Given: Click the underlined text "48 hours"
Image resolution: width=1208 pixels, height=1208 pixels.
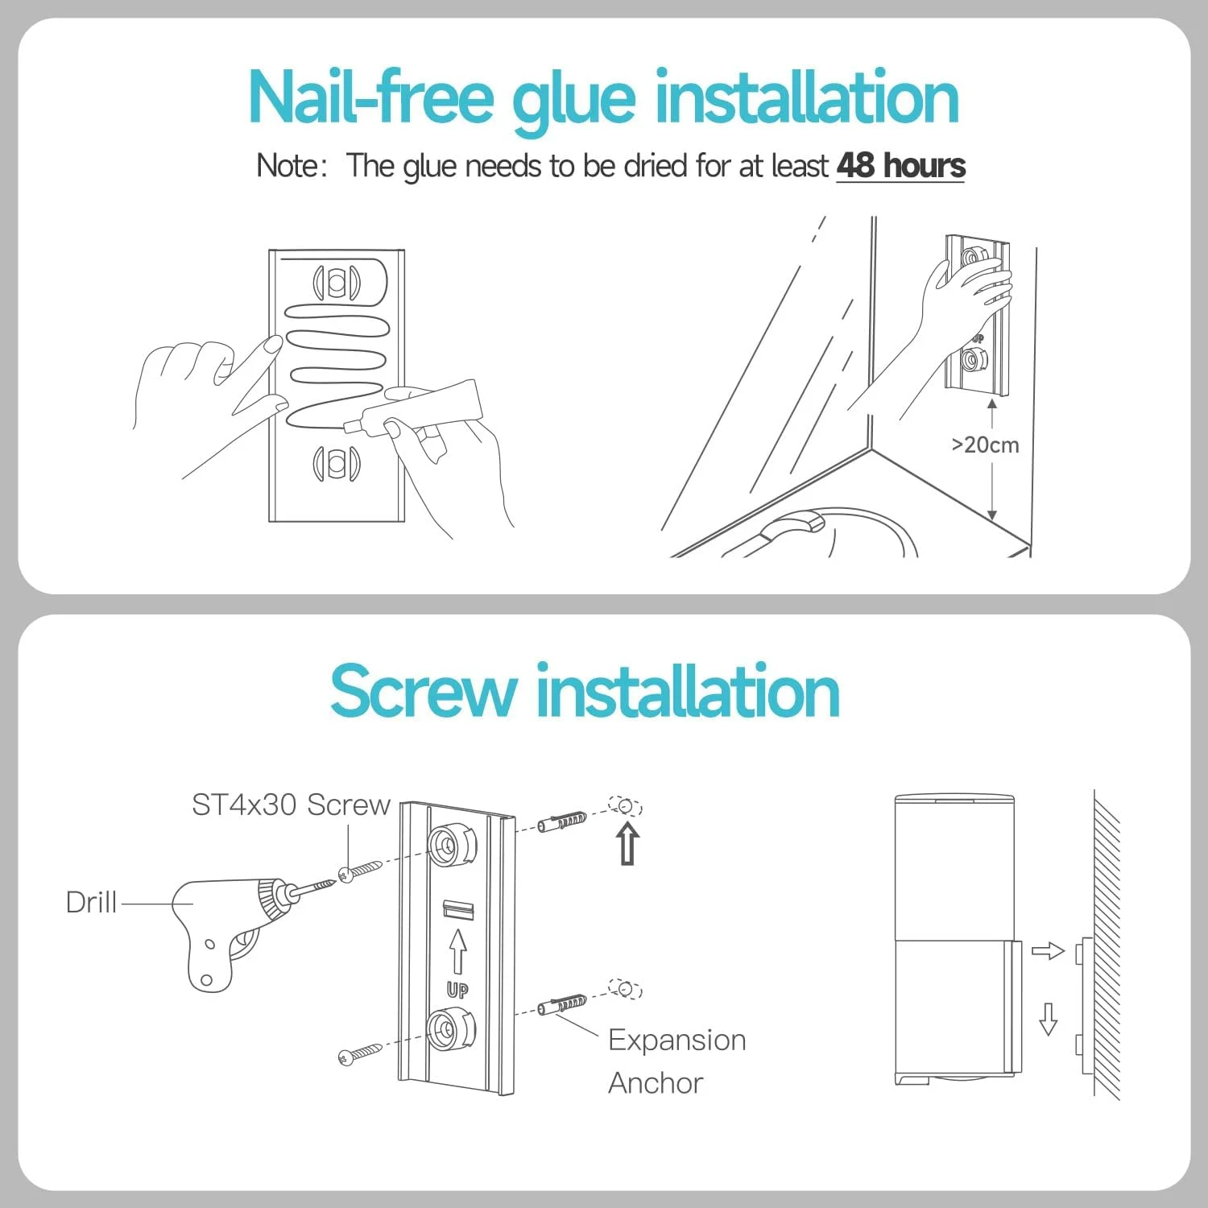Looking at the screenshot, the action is (x=900, y=166).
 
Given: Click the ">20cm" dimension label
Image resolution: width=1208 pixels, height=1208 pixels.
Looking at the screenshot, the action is (x=985, y=445).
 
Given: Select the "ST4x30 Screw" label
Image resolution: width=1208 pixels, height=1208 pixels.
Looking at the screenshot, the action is (x=291, y=805).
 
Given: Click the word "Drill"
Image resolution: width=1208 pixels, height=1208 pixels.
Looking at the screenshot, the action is (x=91, y=902).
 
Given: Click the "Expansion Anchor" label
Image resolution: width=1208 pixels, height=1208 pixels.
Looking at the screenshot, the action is (x=676, y=1061).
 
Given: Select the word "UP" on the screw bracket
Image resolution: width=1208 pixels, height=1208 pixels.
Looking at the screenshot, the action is (x=457, y=990).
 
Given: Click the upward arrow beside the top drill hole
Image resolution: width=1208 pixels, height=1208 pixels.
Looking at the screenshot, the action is (x=628, y=843).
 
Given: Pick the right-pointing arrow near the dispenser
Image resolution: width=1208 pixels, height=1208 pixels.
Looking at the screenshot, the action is (x=1048, y=951).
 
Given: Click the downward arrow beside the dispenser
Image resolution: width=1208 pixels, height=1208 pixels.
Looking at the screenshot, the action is (x=1048, y=1019).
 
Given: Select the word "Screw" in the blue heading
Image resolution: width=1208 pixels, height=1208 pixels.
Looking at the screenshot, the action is (x=424, y=691).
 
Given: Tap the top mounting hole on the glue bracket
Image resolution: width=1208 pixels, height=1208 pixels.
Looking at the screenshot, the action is (x=337, y=283).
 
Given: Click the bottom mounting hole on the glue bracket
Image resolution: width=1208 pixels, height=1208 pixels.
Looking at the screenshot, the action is (x=337, y=463).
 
